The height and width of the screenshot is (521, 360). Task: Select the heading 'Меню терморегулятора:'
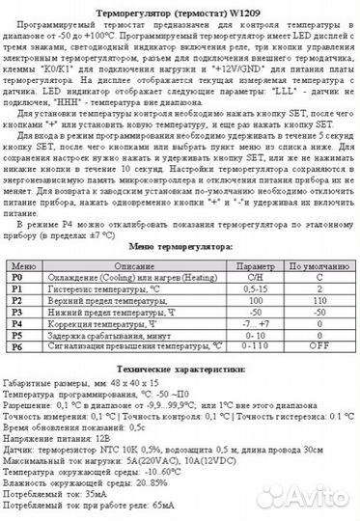click(x=180, y=248)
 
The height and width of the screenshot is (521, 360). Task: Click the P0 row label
click(x=15, y=277)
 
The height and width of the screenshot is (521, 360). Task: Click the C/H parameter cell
click(x=256, y=277)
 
